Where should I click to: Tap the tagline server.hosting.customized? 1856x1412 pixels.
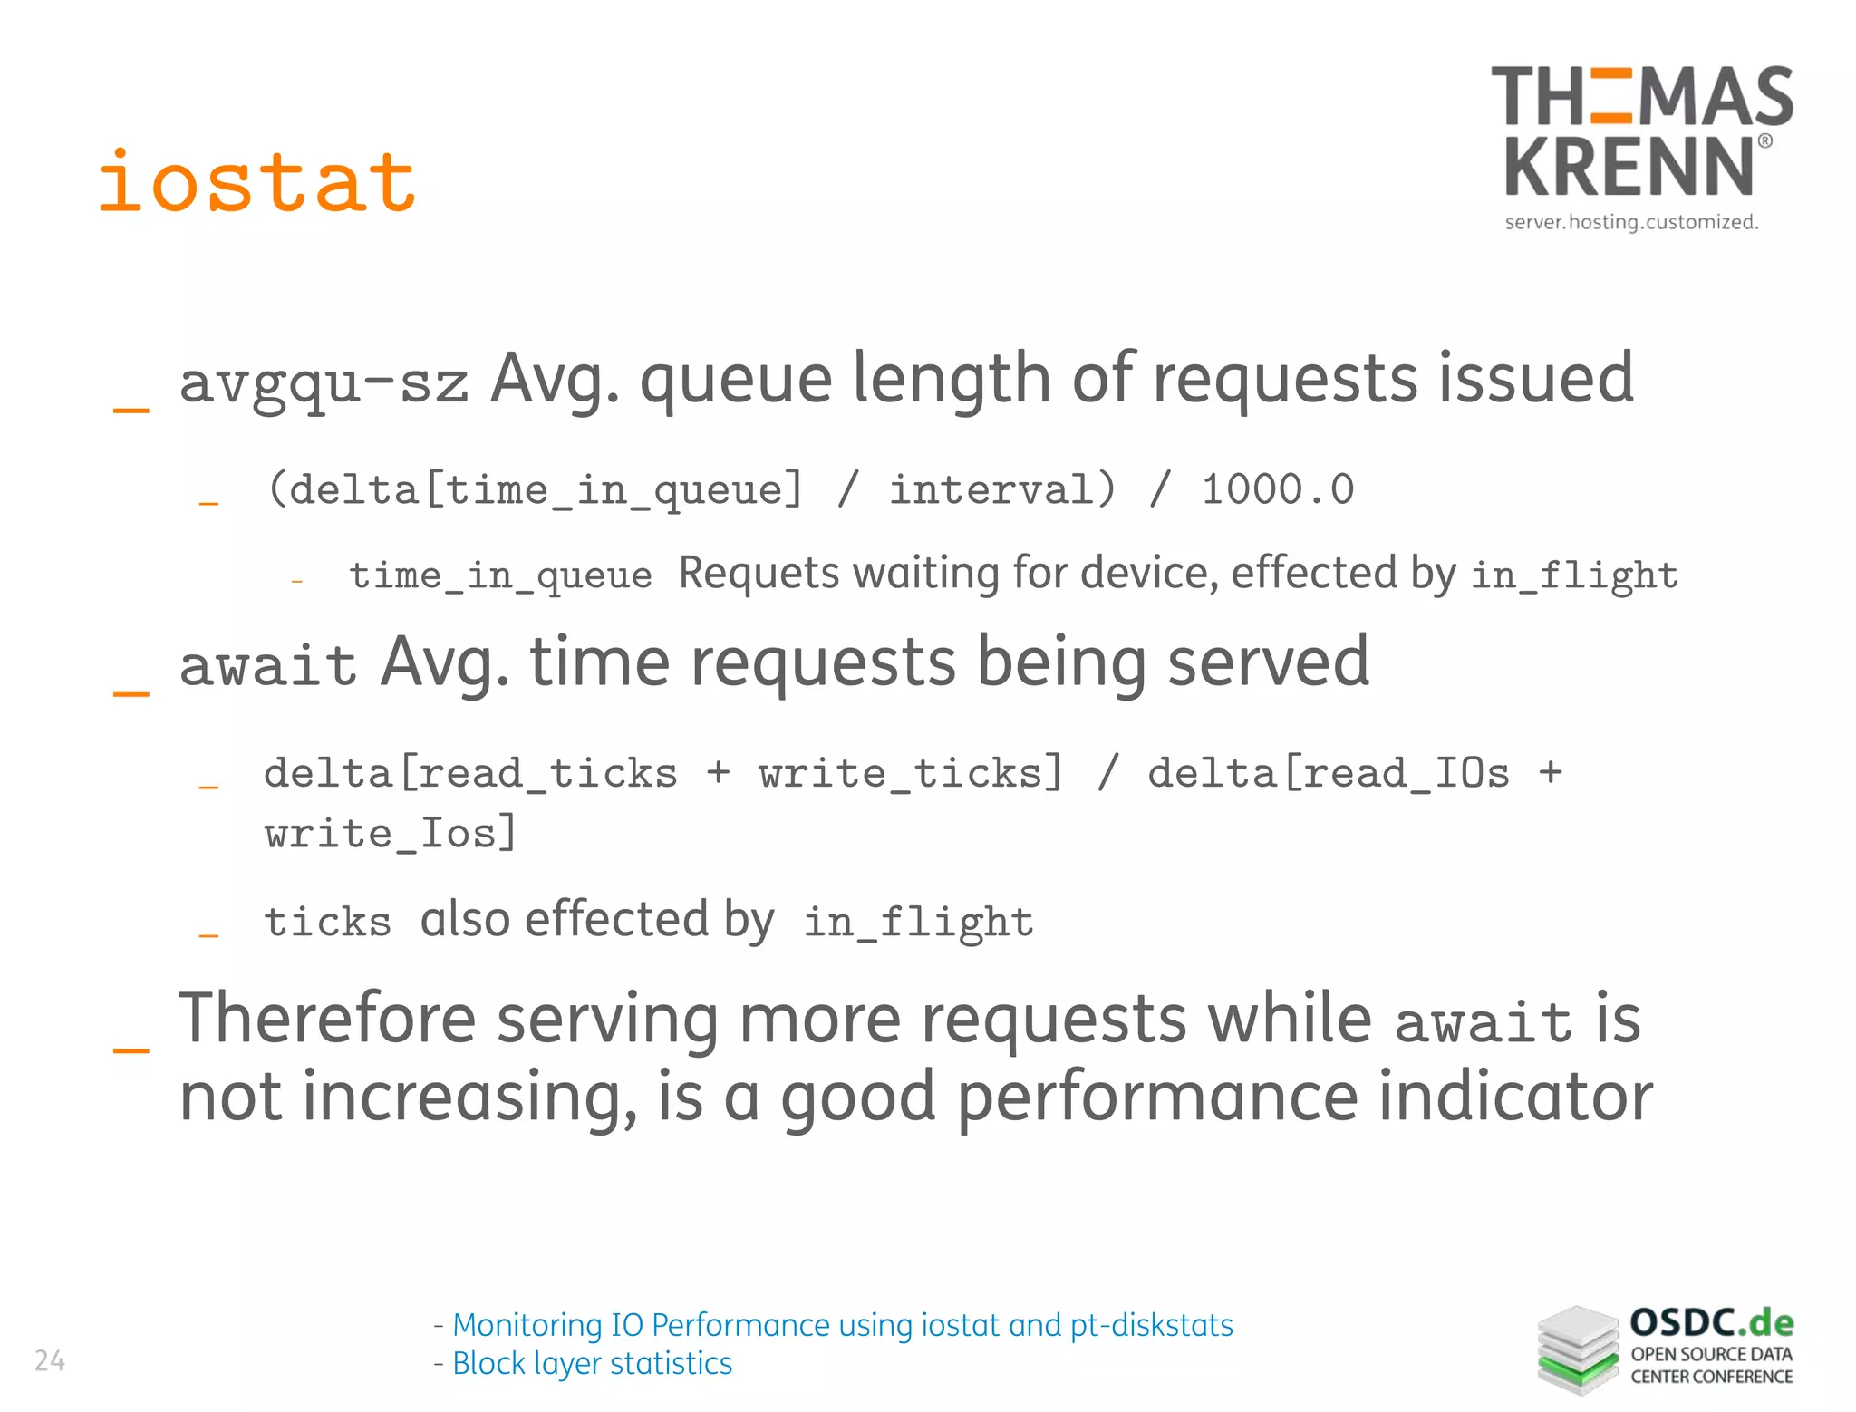1631,222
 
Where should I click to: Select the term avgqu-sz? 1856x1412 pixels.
324,382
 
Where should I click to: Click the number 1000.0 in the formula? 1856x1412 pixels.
1277,490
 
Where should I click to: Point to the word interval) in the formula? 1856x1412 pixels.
1001,490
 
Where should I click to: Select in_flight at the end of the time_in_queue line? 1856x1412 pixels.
1573,576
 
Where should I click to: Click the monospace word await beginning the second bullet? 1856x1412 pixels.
268,665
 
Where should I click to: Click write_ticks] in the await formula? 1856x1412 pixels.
911,774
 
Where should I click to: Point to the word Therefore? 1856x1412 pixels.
327,1019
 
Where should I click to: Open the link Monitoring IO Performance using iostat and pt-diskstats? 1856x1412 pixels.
842,1325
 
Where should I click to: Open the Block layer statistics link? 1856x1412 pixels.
592,1363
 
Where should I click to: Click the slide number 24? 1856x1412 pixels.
50,1360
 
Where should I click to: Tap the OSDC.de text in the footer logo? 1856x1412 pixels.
1711,1323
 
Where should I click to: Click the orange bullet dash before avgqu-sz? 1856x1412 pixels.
130,410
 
